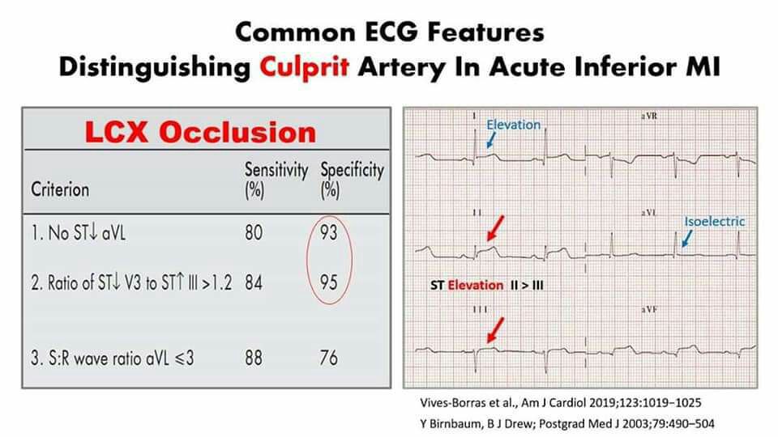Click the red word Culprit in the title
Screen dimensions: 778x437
pos(304,67)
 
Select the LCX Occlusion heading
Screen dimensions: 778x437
pos(200,132)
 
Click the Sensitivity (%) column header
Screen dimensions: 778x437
pos(276,180)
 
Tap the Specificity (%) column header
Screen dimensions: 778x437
pos(352,180)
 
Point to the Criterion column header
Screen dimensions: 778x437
pos(60,189)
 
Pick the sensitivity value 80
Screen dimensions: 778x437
pos(254,232)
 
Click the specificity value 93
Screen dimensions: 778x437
pos(328,232)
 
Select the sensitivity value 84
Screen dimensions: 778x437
pos(254,282)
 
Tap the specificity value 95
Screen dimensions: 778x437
pos(328,282)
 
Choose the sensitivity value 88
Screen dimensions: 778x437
pos(254,358)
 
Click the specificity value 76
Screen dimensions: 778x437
pos(328,358)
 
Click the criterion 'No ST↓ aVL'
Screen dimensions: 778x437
pos(79,232)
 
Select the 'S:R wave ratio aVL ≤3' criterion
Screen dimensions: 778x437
pos(112,358)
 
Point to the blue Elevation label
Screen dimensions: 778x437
pos(513,125)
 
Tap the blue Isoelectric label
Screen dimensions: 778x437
pos(715,222)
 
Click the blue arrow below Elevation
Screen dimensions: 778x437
pos(491,140)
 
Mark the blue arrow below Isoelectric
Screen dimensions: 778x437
pos(687,238)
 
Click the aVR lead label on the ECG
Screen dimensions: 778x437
pos(649,116)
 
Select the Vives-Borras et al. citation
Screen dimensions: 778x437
pos(561,402)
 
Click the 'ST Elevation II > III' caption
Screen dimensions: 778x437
pos(487,286)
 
